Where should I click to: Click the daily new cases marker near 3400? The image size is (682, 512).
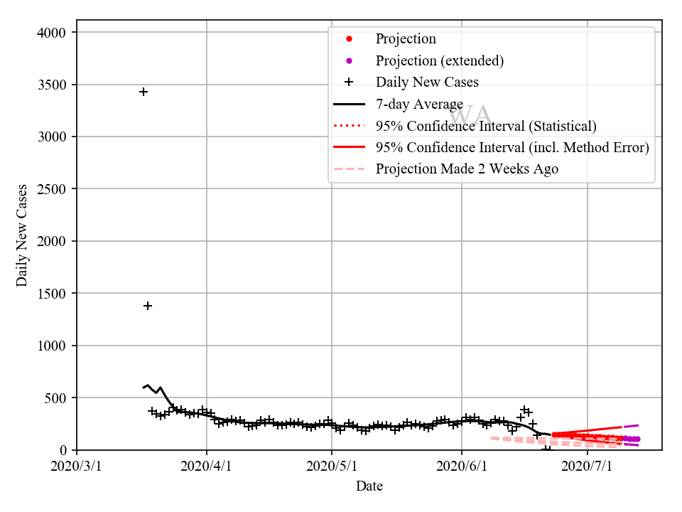pos(144,92)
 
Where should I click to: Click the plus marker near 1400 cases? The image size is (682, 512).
pos(148,306)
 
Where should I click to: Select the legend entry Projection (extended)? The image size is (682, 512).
pos(439,60)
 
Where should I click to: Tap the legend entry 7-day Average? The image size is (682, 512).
pos(419,105)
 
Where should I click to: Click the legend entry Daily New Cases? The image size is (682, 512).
pos(427,82)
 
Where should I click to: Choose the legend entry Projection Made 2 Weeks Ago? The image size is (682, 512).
pos(467,169)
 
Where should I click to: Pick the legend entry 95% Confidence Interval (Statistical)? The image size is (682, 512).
pos(486,126)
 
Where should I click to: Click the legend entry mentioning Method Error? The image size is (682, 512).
pos(512,147)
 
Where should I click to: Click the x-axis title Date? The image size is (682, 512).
pos(369,486)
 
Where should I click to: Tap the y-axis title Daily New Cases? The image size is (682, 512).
pos(23,235)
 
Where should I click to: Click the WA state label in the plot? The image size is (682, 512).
pos(470,114)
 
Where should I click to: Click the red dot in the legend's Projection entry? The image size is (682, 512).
pos(349,39)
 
